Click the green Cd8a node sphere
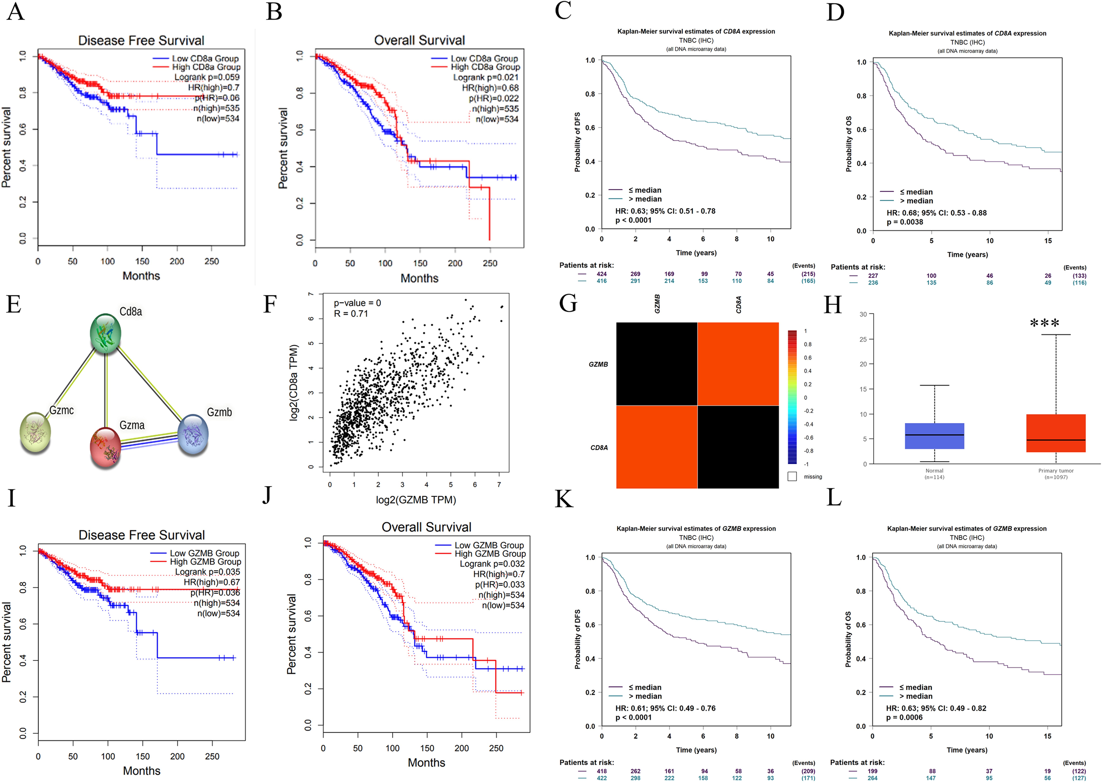(x=105, y=333)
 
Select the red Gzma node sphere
(x=105, y=447)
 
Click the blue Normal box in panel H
(x=934, y=436)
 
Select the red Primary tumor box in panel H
(x=1056, y=433)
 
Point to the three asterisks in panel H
(x=1044, y=323)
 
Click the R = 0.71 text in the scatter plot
(x=350, y=314)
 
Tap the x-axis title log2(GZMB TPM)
(x=416, y=500)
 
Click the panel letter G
(x=568, y=304)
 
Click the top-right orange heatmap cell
(x=738, y=364)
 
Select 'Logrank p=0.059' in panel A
(x=206, y=77)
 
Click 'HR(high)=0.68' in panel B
(x=490, y=88)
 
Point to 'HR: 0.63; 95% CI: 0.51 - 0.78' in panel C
(x=665, y=211)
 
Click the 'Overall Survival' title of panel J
(x=426, y=527)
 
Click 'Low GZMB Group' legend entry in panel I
(x=204, y=553)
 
